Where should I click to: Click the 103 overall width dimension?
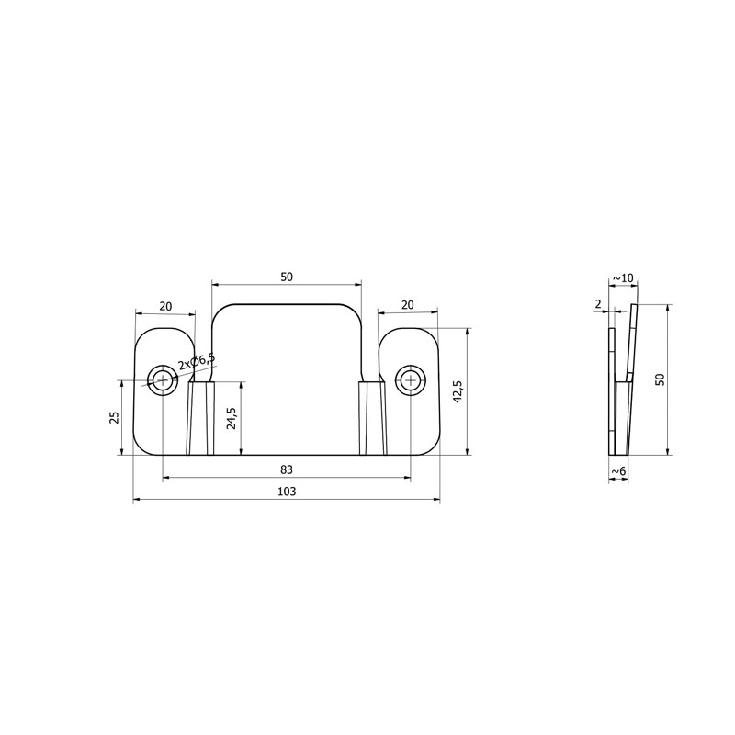pos(287,492)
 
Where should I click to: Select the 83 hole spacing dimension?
pos(287,469)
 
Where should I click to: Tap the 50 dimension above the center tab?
pos(287,277)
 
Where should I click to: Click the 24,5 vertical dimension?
pos(232,418)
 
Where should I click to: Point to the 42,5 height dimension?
pos(458,390)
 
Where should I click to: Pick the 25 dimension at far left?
pos(114,417)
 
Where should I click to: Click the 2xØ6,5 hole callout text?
pos(197,362)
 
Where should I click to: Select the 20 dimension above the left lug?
pos(165,307)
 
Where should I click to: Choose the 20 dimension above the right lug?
pos(408,305)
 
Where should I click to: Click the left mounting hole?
pos(163,379)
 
